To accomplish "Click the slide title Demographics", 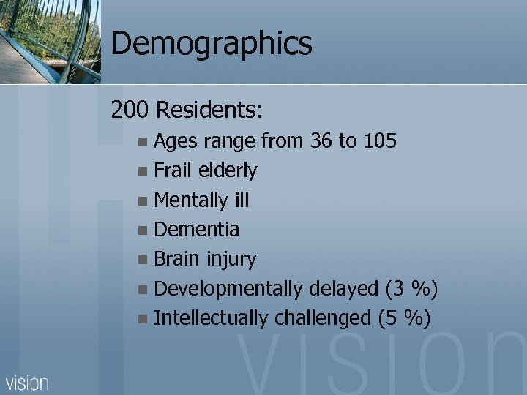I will coord(212,43).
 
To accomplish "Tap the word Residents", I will coord(210,110).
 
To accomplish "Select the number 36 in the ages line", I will coord(321,140).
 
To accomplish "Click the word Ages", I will coord(176,142).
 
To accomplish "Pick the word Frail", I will coord(172,170).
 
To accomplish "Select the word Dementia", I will coord(197,230).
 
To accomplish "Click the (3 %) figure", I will coord(411,289).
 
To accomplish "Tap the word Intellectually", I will coord(212,318).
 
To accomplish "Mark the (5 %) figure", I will coord(404,318).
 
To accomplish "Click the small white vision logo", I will coord(27,383).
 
